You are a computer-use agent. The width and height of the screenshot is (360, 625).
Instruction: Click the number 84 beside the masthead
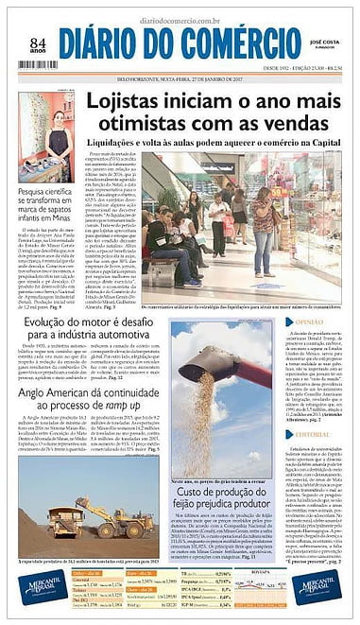tap(38, 43)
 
